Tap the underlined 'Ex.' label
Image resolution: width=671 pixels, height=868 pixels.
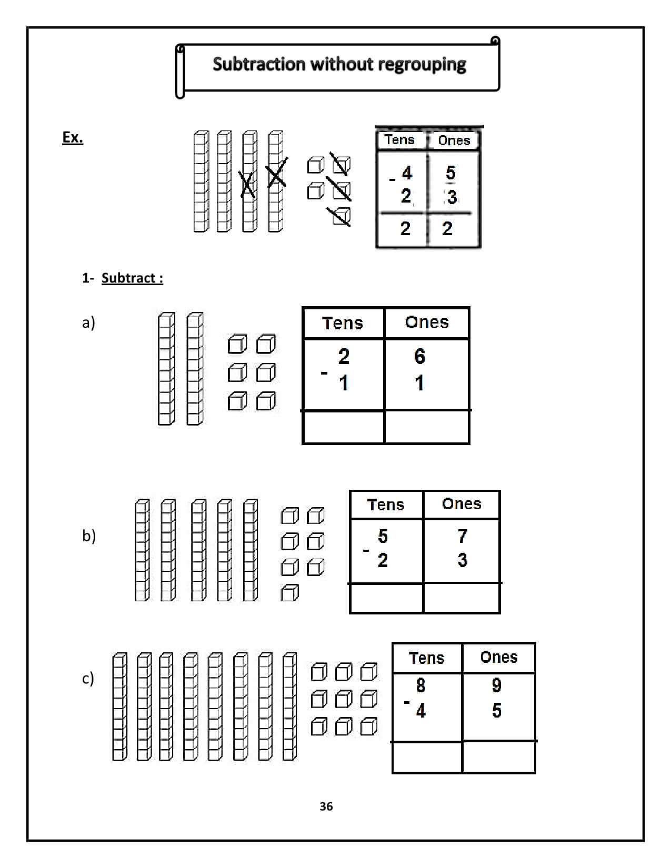pos(73,138)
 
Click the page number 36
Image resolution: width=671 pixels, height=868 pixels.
pos(326,806)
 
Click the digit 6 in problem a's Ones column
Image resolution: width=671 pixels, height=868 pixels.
pos(419,357)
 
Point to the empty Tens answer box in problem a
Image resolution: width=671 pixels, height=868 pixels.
pos(343,427)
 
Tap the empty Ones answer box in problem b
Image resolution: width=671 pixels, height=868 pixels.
pos(462,598)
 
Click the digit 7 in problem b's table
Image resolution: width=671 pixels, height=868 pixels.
pos(463,536)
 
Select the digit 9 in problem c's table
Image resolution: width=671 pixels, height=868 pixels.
pos(496,685)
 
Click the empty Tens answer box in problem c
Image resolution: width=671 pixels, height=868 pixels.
pos(427,757)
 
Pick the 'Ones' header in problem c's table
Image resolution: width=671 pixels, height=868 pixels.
pos(498,657)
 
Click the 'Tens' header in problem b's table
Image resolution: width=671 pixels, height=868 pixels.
pos(386,504)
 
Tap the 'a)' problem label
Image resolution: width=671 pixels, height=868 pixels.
pos(88,322)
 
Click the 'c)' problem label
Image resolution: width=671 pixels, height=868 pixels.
pos(88,679)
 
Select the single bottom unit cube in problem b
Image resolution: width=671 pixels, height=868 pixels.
pos(290,593)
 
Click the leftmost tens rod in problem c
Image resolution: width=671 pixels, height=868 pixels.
pos(119,706)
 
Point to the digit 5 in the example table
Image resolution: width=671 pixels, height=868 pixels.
pos(450,173)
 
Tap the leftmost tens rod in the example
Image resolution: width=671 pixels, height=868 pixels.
pos(201,181)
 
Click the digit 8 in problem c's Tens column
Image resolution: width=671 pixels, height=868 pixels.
pos(420,685)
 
